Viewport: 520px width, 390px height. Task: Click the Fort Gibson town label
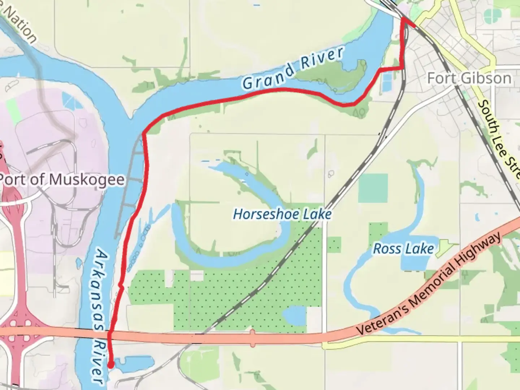pos(469,78)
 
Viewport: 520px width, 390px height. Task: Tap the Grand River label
pos(292,69)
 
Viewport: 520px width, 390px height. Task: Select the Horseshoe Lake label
pos(282,214)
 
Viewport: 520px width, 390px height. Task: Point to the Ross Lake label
pos(403,248)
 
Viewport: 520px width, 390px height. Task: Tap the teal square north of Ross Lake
pos(373,188)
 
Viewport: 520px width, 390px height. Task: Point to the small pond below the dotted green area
pos(294,315)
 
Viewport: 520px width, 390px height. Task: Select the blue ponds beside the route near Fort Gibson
pos(386,81)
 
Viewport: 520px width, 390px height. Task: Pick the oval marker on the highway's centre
pos(252,338)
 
